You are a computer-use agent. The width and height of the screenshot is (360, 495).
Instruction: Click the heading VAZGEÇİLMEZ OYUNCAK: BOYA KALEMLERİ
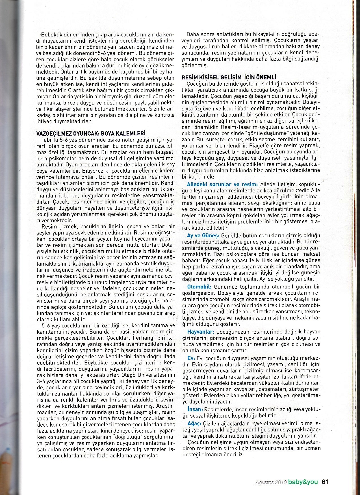tap(91, 133)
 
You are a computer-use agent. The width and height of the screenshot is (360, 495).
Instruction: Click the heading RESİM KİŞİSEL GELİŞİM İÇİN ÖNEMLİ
tap(229, 77)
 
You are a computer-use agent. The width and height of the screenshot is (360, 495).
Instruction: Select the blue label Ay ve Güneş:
tap(203, 235)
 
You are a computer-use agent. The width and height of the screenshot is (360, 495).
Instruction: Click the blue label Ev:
tap(191, 357)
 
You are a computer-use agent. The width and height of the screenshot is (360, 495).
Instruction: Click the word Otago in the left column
tap(129, 375)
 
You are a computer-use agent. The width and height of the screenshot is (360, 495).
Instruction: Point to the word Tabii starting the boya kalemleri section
tap(47, 140)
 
